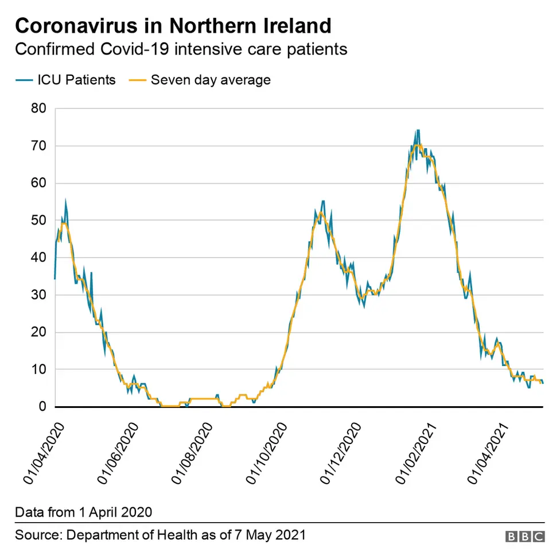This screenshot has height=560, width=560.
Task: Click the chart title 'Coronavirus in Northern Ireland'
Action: tap(173, 26)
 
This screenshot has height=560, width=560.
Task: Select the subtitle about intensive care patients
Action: tap(181, 49)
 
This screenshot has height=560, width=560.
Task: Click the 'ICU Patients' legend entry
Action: tap(65, 80)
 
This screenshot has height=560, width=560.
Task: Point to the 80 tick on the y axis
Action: tap(39, 108)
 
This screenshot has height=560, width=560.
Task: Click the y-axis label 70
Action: tap(39, 146)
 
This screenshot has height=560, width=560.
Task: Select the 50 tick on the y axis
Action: tap(39, 220)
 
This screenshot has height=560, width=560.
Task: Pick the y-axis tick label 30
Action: tap(39, 295)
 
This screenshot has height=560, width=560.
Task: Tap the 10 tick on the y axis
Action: tap(39, 370)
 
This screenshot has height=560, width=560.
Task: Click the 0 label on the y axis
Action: tap(42, 407)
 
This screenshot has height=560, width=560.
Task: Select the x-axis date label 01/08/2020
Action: tap(193, 453)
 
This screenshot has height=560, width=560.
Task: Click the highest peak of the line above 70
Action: tap(418, 131)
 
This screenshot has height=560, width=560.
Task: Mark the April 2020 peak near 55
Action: tap(66, 201)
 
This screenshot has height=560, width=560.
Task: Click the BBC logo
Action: tap(524, 536)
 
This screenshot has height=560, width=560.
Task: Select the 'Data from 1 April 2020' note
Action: tap(83, 511)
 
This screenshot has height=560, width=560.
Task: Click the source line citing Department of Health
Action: tap(160, 535)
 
